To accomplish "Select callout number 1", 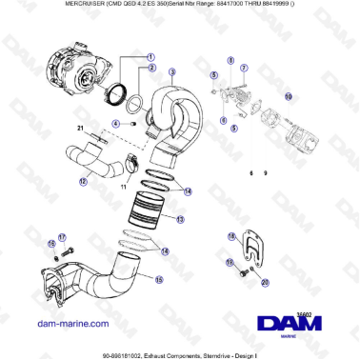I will point(150,58).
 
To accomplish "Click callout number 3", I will point(171,72).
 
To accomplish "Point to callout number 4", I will point(115,123).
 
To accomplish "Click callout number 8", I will point(230,60).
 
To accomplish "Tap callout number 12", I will point(83,181).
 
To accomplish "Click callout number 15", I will point(158,279).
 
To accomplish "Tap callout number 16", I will point(51,244).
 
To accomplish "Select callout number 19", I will point(230,262).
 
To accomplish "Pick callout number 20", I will point(265,282).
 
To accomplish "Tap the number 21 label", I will point(81,129).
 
